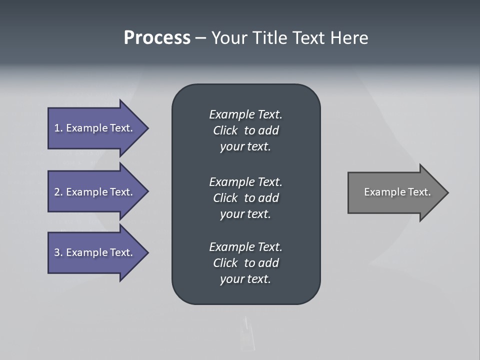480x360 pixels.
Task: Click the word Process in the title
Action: pos(157,38)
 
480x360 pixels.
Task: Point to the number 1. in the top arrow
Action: pos(58,128)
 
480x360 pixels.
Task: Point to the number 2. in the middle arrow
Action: pos(58,192)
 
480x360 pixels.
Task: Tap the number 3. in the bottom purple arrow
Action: pos(58,252)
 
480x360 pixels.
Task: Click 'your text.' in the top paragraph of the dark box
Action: pos(245,147)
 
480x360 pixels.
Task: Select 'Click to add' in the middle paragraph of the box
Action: pos(245,198)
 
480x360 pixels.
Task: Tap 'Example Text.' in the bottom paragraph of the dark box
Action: pos(245,247)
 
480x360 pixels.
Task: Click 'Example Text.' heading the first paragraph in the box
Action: pos(245,114)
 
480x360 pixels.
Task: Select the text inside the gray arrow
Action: pos(397,192)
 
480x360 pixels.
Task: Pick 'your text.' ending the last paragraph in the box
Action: pos(245,279)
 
